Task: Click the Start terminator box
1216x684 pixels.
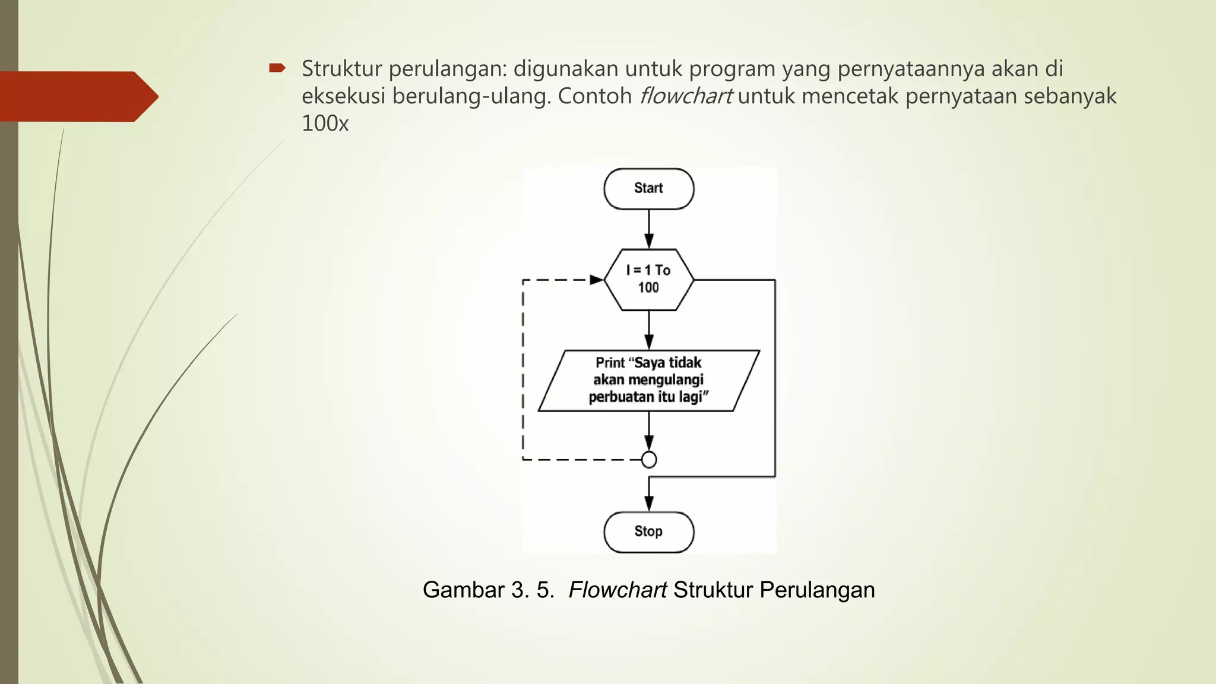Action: pyautogui.click(x=648, y=189)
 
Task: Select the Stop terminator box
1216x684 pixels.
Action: pyautogui.click(x=648, y=532)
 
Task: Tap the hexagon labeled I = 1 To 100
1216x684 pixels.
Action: pyautogui.click(x=648, y=279)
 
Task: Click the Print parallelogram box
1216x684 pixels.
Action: pyautogui.click(x=648, y=380)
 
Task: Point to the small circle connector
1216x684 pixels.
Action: pyautogui.click(x=649, y=460)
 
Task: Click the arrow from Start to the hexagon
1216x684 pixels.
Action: pyautogui.click(x=649, y=229)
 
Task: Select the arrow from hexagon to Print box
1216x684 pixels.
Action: pyautogui.click(x=649, y=330)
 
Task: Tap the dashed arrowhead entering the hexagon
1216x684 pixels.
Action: pyautogui.click(x=596, y=280)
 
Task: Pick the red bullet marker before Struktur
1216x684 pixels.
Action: pyautogui.click(x=277, y=68)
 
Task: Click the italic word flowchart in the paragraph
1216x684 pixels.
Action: pyautogui.click(x=686, y=96)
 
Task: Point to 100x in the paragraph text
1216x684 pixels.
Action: pyautogui.click(x=325, y=123)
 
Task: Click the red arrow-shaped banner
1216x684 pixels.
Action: pyautogui.click(x=77, y=96)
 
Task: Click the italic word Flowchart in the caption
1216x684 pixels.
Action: pyautogui.click(x=617, y=590)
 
